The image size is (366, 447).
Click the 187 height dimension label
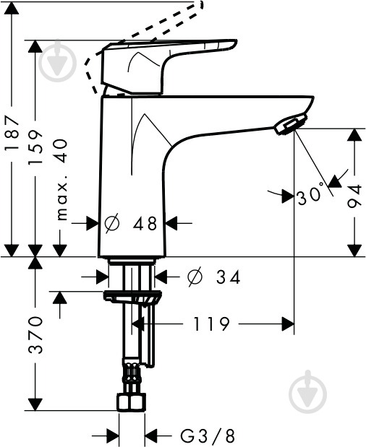pyautogui.click(x=12, y=132)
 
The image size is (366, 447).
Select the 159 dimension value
pyautogui.click(x=35, y=147)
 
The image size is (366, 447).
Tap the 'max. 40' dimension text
pyautogui.click(x=61, y=180)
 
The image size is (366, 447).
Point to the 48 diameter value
pyautogui.click(x=145, y=223)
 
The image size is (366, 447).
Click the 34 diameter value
pyautogui.click(x=228, y=277)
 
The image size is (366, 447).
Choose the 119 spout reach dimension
pyautogui.click(x=211, y=324)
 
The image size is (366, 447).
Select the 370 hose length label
pyautogui.click(x=35, y=334)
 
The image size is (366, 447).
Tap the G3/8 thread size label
pyautogui.click(x=208, y=436)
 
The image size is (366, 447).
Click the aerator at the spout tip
pyautogui.click(x=291, y=123)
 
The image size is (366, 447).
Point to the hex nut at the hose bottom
pyautogui.click(x=131, y=402)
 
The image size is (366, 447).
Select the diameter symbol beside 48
pyautogui.click(x=112, y=223)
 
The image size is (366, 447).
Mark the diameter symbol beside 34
pyautogui.click(x=195, y=277)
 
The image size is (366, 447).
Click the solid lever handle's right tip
pyautogui.click(x=237, y=42)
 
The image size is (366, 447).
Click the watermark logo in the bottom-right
pyautogui.click(x=307, y=392)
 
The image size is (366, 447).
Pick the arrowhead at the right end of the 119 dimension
pyautogui.click(x=288, y=324)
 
